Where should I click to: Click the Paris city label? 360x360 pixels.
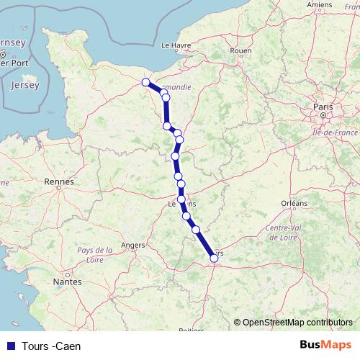pos(322,107)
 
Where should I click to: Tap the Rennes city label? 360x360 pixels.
pos(59,182)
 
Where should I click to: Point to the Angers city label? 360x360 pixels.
pos(132,245)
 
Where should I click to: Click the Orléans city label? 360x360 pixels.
pos(294,204)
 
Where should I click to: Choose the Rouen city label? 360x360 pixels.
pos(240,51)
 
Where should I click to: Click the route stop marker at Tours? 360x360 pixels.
pos(214,258)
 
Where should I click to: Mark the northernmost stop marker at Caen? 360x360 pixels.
pos(146,82)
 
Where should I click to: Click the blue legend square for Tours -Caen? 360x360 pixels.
pos(12,346)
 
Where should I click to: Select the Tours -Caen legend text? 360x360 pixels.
pos(52,346)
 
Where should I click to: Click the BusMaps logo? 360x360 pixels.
pos(325,345)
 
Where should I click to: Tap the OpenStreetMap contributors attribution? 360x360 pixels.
pos(297,322)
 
